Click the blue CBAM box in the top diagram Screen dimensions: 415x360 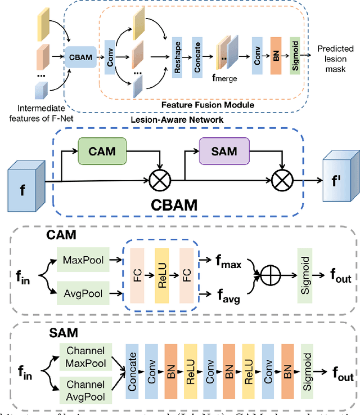[x=80, y=57]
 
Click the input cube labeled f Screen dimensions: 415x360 [x=26, y=178]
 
